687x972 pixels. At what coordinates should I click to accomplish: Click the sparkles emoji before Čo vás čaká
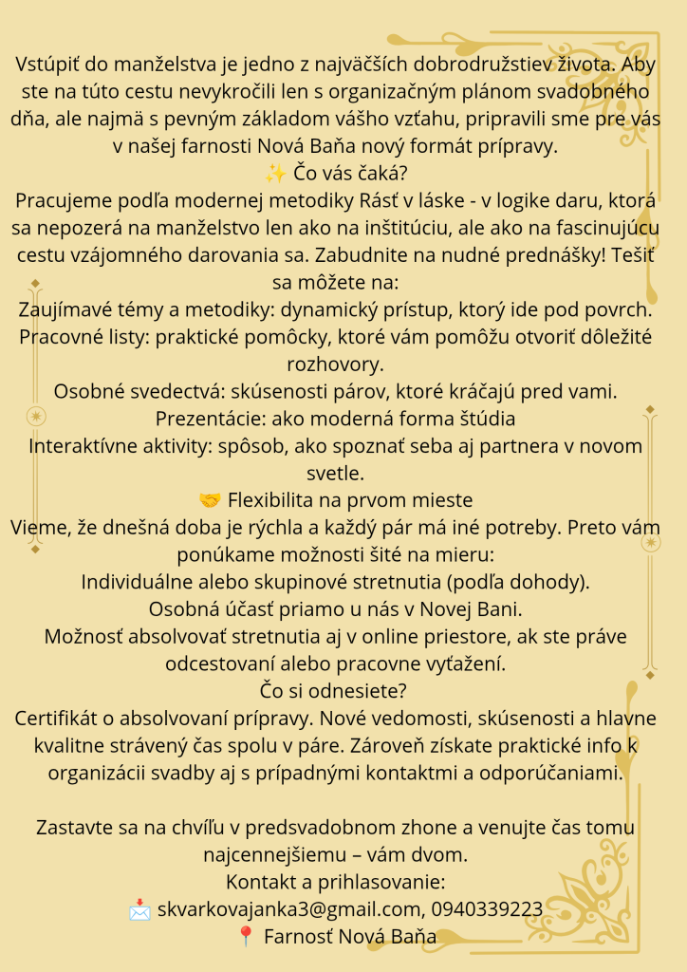(x=276, y=174)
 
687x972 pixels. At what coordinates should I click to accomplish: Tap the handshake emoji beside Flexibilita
(x=210, y=500)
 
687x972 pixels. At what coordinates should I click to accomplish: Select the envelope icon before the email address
(x=140, y=910)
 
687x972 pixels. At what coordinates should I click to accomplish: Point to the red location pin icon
(x=246, y=937)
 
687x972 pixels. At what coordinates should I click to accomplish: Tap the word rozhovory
(x=343, y=364)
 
